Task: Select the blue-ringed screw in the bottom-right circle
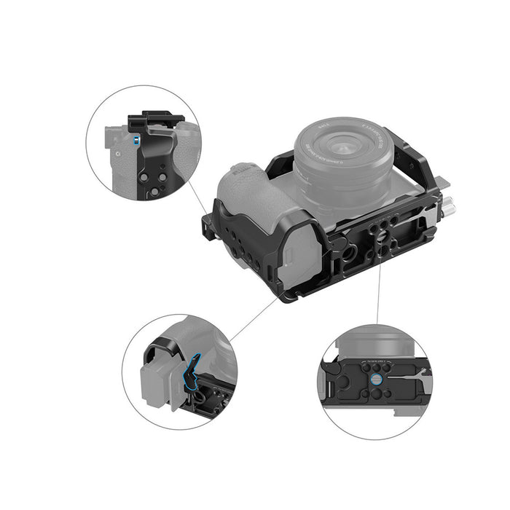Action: click(376, 378)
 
